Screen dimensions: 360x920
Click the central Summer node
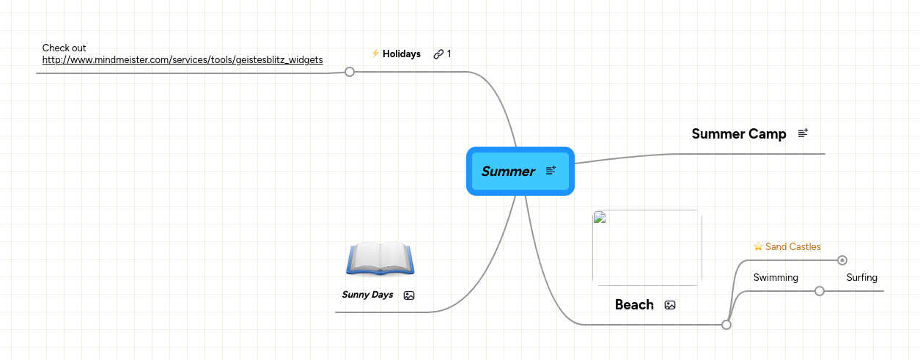[509, 172]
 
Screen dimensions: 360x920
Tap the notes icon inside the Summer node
[551, 171]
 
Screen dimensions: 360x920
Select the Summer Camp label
[739, 134]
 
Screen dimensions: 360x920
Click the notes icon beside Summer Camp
[803, 133]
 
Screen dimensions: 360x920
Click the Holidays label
[402, 54]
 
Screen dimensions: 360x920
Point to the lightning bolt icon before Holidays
[375, 54]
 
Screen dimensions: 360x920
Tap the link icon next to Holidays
[438, 54]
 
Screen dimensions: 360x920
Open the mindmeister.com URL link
[183, 60]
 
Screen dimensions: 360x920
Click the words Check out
[65, 48]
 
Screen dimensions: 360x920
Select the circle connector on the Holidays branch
[350, 72]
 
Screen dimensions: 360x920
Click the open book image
[380, 258]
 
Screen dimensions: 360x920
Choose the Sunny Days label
[367, 295]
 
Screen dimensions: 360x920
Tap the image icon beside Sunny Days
[409, 295]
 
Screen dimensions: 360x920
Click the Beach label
[634, 305]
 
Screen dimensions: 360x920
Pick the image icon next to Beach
[670, 305]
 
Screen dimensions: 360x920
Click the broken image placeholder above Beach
[647, 248]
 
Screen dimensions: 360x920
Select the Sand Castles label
[793, 247]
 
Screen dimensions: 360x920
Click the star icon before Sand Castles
[759, 246]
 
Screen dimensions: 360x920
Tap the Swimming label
[776, 278]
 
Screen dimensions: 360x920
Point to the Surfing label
[862, 278]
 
